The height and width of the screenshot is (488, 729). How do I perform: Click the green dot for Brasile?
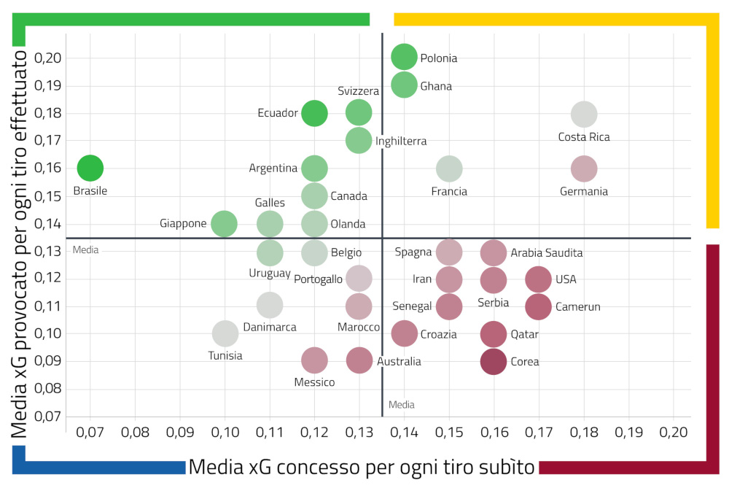90,168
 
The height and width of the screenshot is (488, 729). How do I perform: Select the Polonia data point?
404,57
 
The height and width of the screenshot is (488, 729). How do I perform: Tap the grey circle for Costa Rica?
584,114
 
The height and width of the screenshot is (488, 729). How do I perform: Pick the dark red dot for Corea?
494,361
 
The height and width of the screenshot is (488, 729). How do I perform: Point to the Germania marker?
584,169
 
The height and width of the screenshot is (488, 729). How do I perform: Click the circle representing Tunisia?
225,333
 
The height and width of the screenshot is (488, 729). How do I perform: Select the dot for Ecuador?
314,113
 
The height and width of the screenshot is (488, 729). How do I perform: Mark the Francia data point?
449,169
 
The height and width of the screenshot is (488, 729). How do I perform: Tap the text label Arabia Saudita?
546,253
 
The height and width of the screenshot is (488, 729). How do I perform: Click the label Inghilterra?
401,141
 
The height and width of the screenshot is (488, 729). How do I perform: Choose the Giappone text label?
183,223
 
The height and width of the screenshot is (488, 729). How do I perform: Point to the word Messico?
314,382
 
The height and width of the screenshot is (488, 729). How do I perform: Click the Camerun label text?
577,307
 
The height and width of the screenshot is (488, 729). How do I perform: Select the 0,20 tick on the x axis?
673,432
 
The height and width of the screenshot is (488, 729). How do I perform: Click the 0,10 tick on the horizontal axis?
225,432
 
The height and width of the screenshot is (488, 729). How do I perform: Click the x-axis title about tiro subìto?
362,467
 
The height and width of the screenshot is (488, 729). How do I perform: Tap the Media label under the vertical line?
402,404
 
